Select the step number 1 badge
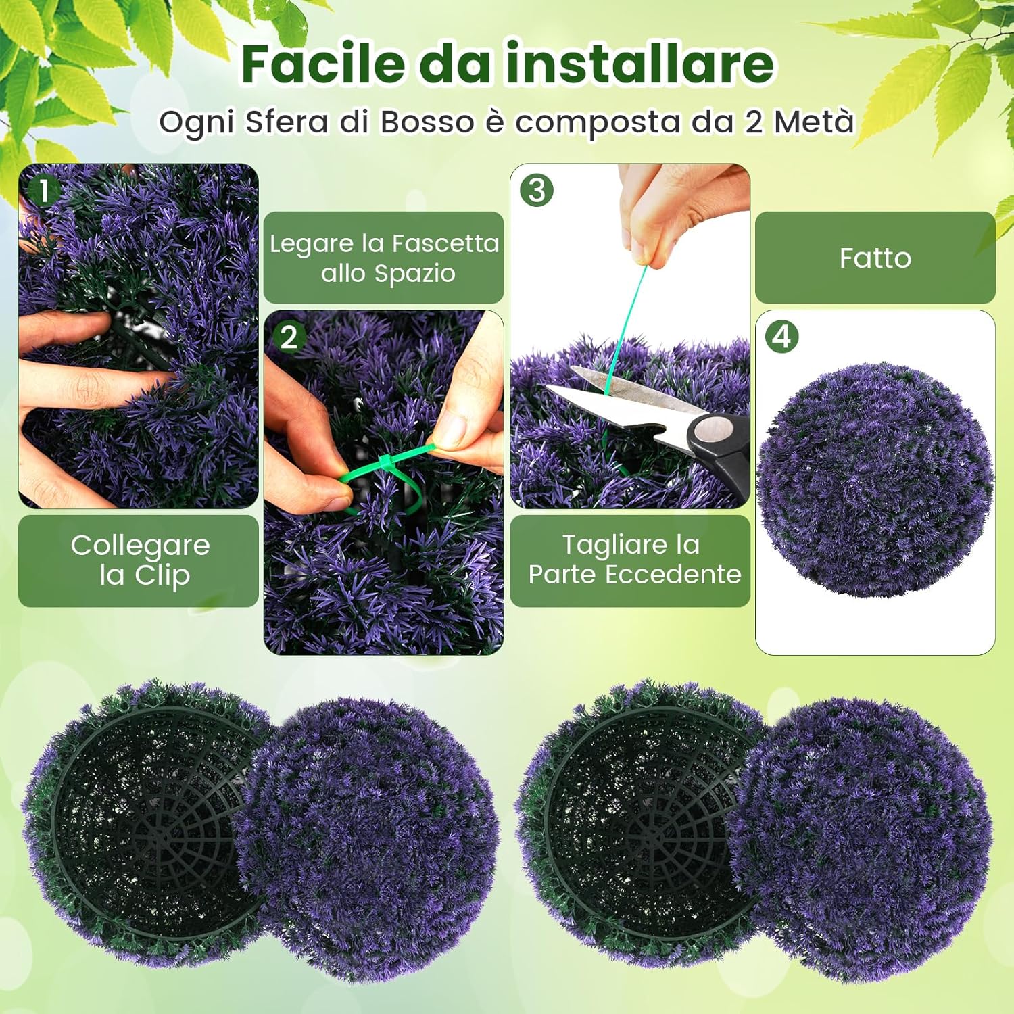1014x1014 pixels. pos(44,191)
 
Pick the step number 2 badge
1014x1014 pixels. pos(289,337)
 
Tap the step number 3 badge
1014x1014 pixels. pos(537,191)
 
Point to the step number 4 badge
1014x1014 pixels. pos(782,337)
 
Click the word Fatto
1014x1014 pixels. pos(875,258)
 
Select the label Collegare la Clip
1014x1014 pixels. pos(139,560)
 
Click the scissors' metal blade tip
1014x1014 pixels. pos(550,389)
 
